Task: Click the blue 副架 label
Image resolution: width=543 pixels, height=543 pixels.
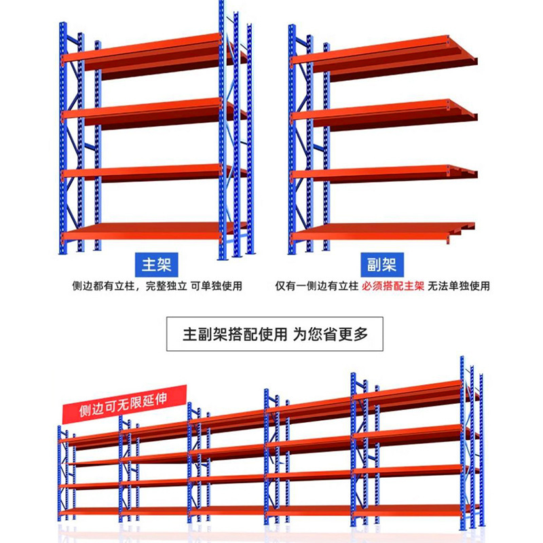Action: pos(382,263)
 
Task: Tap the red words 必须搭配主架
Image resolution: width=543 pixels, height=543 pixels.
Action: pos(393,286)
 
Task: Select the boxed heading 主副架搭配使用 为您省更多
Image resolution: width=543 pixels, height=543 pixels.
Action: pos(276,334)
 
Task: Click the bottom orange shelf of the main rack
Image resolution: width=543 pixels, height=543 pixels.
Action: pos(143,232)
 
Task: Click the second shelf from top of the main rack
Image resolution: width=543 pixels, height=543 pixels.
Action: pos(143,111)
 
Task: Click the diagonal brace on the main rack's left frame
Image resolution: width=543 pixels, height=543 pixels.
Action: pos(89,146)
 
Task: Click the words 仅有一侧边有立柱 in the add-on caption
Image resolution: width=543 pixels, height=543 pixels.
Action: pos(316,286)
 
